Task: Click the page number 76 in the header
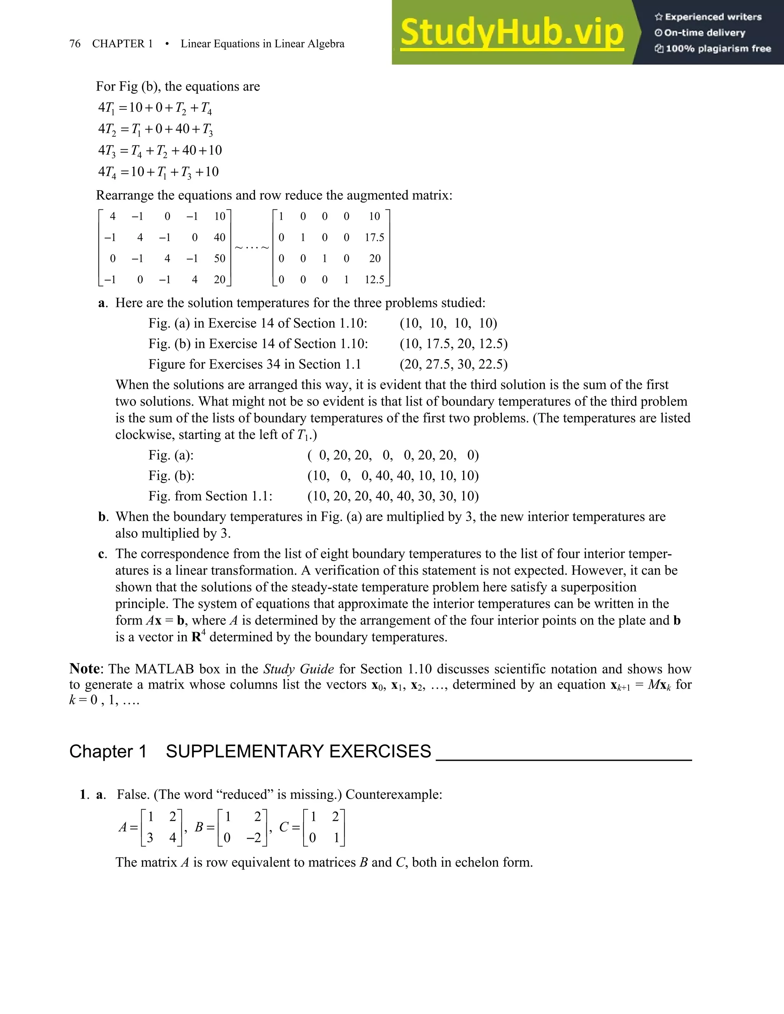(x=75, y=44)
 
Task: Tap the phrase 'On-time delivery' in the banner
(x=705, y=33)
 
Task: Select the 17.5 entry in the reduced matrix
(x=374, y=238)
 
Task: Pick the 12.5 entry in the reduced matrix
(x=374, y=279)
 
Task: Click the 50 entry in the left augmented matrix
(x=219, y=259)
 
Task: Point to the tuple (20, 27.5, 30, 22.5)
(x=453, y=364)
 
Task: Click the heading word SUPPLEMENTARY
(x=298, y=751)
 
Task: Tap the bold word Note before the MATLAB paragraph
(x=85, y=668)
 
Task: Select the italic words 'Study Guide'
(x=298, y=669)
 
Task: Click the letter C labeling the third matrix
(x=284, y=827)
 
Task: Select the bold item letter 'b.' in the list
(x=103, y=517)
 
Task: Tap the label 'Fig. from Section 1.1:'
(x=211, y=496)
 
